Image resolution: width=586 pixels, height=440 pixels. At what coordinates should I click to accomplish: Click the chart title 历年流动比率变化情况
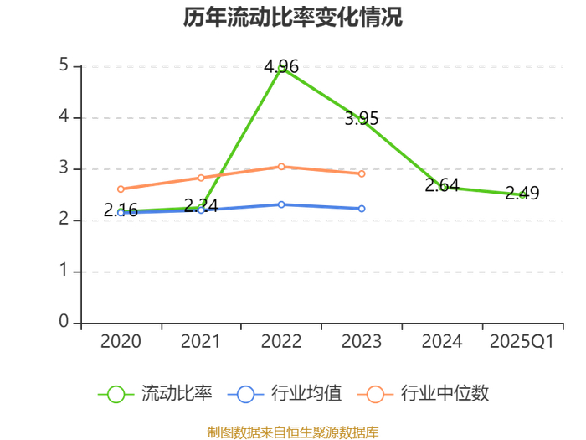293,17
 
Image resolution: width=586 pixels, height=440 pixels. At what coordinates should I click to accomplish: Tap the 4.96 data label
281,66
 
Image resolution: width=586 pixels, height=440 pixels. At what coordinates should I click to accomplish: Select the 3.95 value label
362,119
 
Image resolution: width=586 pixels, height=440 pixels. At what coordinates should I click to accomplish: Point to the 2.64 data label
442,185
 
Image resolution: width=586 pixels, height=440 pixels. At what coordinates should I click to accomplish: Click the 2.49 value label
522,193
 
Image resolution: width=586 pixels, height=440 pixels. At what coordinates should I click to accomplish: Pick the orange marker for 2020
121,189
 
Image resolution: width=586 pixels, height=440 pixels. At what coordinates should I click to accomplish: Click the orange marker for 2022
281,167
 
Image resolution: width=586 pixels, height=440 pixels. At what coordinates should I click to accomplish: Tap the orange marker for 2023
362,174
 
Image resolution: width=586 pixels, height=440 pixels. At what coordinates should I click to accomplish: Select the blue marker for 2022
281,204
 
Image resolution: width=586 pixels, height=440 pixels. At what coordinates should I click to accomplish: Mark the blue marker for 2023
362,209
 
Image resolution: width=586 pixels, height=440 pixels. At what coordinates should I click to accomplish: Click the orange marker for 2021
201,178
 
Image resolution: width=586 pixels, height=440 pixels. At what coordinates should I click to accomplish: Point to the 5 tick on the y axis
64,65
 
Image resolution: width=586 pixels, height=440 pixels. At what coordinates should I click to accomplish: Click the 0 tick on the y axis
64,321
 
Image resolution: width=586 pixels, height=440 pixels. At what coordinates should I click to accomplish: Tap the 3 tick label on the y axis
64,168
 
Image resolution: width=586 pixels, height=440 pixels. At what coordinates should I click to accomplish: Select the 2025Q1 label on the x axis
522,342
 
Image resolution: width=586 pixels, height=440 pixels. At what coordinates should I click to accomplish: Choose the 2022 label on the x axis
281,342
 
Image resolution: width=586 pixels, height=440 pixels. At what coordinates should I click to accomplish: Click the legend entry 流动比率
155,394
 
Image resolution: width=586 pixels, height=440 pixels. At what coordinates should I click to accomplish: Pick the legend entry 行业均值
285,394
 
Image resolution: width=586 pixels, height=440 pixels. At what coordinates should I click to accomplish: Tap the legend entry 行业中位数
423,394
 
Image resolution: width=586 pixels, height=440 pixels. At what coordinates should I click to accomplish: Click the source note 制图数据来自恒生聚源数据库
293,432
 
